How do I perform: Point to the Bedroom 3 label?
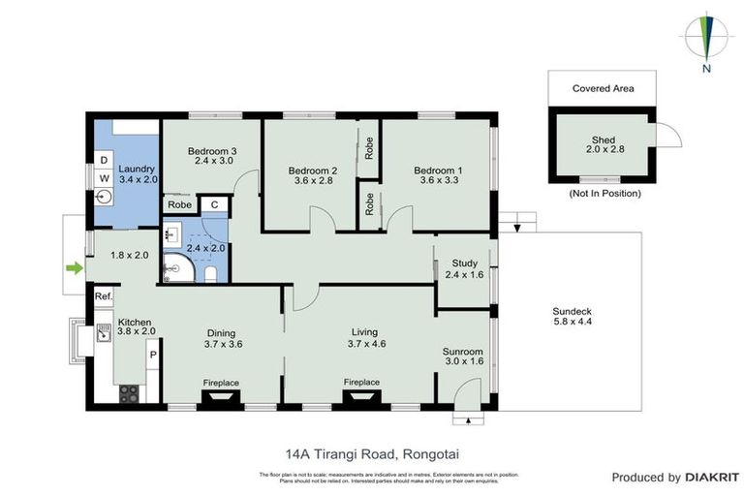212,156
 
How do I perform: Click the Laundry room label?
138,173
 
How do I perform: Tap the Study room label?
465,268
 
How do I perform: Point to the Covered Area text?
603,88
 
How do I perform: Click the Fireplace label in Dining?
221,383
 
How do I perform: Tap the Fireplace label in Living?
361,382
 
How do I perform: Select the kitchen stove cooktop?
128,393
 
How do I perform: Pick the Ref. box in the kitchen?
104,296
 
